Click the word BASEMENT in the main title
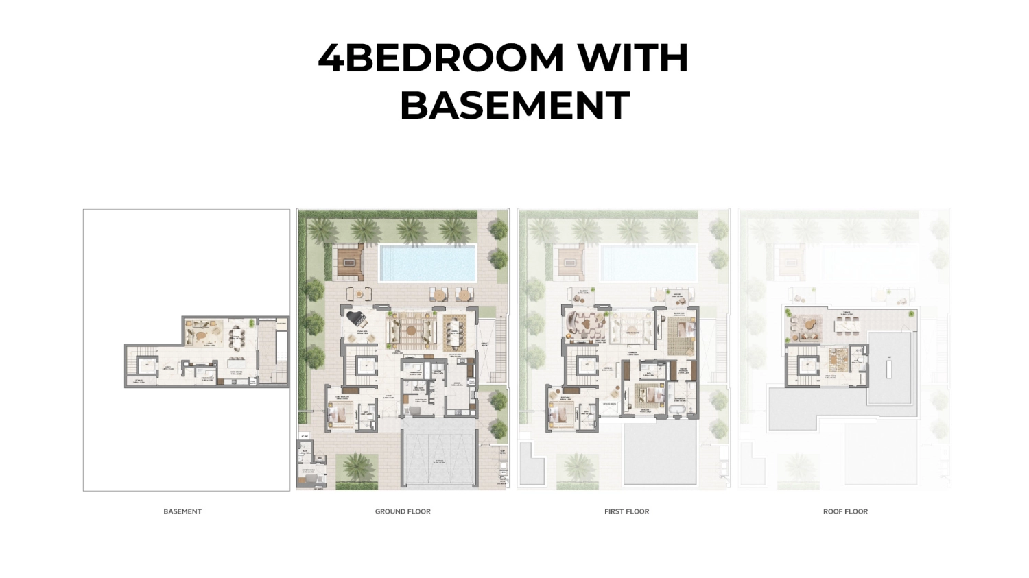pyautogui.click(x=514, y=105)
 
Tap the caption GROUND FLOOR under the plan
pyautogui.click(x=403, y=511)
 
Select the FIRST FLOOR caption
pyautogui.click(x=626, y=511)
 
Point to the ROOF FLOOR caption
pyautogui.click(x=845, y=511)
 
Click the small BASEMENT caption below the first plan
pyautogui.click(x=182, y=511)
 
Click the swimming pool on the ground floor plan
pyautogui.click(x=427, y=263)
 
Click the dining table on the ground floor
pyautogui.click(x=454, y=332)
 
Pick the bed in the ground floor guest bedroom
pyautogui.click(x=338, y=414)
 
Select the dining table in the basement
pyautogui.click(x=237, y=335)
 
